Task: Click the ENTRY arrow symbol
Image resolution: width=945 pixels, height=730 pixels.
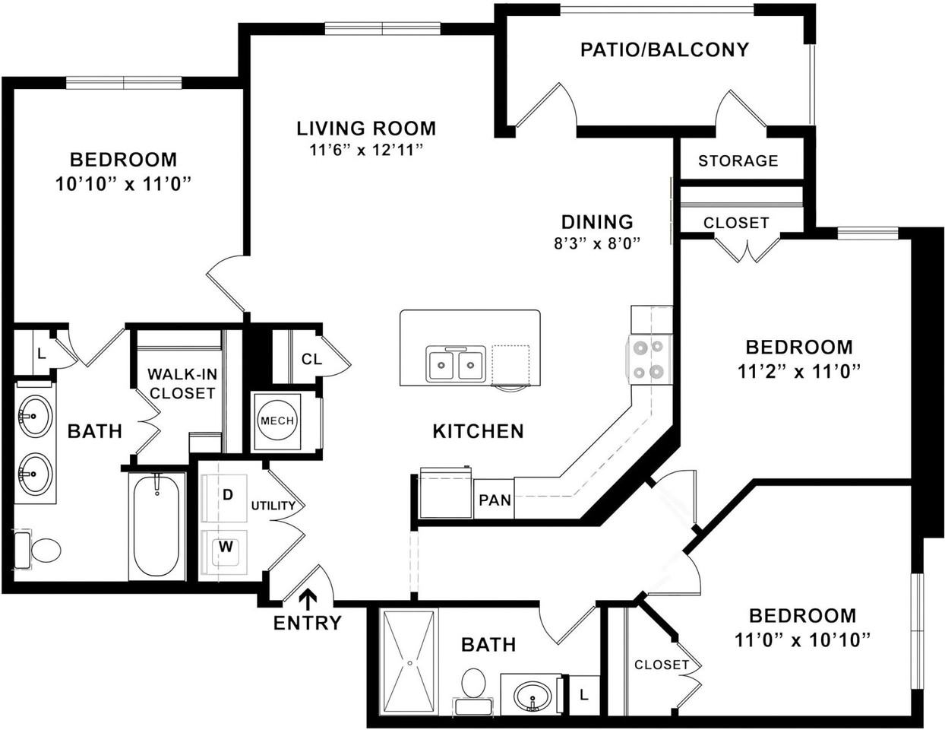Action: tap(308, 599)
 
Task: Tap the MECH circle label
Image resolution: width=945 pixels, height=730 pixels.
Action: tap(277, 421)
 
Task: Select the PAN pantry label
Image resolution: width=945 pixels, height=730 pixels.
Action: tap(495, 500)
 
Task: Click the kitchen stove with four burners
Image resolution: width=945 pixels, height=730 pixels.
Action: tap(649, 360)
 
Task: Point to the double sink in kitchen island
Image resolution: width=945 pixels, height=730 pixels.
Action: tap(456, 364)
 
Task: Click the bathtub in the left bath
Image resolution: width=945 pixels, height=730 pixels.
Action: tap(156, 527)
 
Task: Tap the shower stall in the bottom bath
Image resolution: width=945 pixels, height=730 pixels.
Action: tap(409, 662)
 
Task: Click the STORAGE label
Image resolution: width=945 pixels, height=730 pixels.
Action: tap(738, 161)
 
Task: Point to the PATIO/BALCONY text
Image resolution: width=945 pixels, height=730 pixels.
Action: tap(665, 49)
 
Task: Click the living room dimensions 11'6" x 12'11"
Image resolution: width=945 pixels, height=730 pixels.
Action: tap(366, 150)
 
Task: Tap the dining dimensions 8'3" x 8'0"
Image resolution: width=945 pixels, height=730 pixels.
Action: tap(597, 244)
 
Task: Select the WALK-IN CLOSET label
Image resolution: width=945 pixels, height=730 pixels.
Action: tap(182, 383)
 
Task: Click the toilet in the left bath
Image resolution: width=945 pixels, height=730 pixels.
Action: tap(38, 551)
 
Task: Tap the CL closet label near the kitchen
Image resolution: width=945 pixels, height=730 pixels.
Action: tap(311, 359)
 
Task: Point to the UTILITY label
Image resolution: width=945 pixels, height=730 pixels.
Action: tap(273, 506)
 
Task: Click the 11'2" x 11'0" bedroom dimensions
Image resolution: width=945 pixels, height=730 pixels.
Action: tap(799, 372)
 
